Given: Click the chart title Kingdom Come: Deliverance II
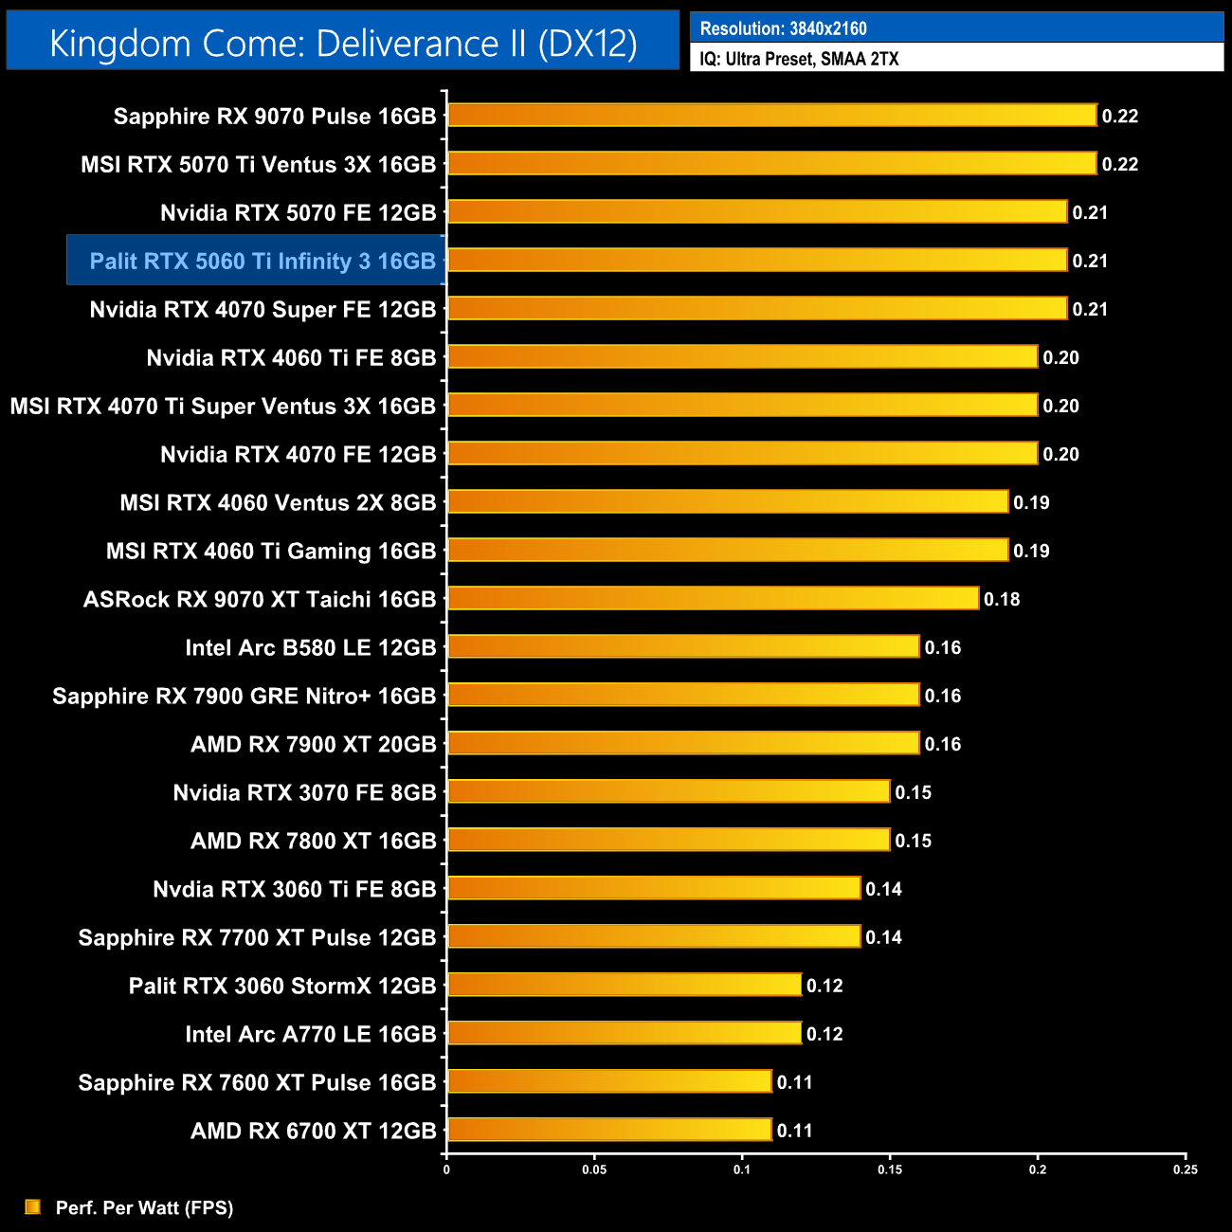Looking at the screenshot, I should point(343,44).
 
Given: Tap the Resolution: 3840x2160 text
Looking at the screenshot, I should point(783,28).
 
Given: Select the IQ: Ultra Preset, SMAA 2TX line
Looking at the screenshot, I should point(799,59).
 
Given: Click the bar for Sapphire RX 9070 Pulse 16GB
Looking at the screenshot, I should point(771,116).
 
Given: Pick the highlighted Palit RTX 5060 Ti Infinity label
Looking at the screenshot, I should point(262,261).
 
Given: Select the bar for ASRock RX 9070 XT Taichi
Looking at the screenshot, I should point(713,599).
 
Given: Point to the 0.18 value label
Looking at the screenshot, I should point(1002,599).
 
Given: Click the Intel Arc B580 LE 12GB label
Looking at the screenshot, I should point(310,647).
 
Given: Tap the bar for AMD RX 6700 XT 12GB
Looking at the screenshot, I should point(609,1130).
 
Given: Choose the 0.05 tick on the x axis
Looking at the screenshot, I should point(594,1169).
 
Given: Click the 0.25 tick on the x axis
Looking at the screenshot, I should point(1186,1169).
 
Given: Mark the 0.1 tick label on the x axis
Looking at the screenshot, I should point(742,1169).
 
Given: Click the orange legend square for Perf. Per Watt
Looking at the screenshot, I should point(33,1206).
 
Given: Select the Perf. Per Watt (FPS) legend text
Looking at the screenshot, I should point(144,1207).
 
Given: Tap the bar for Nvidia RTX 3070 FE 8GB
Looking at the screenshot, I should point(668,791).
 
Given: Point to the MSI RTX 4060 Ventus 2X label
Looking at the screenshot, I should point(278,502).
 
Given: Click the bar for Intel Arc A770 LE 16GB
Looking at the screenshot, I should point(625,1033).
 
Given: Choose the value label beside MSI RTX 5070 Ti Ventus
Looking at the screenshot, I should point(1119,164).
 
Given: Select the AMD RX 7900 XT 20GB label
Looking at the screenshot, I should point(313,744).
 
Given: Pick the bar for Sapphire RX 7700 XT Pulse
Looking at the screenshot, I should point(654,936).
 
